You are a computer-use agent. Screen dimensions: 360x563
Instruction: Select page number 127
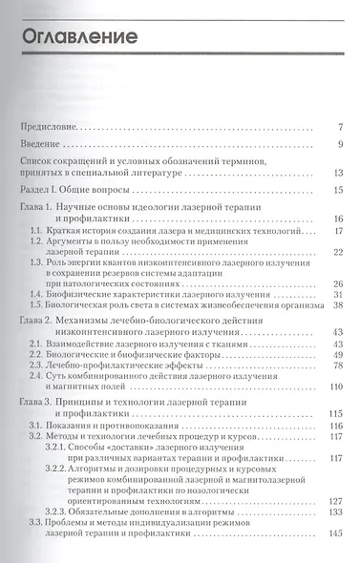[334, 500]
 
